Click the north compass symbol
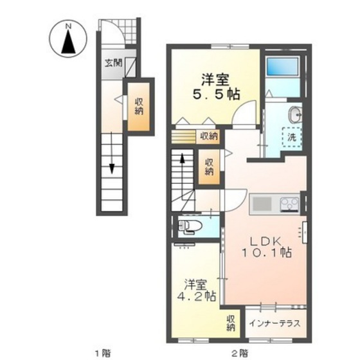[67, 39]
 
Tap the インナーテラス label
[273, 323]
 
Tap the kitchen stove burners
[289, 206]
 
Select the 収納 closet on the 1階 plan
[139, 106]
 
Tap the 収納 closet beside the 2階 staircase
[210, 166]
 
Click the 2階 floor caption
[239, 352]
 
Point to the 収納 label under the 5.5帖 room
[208, 136]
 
